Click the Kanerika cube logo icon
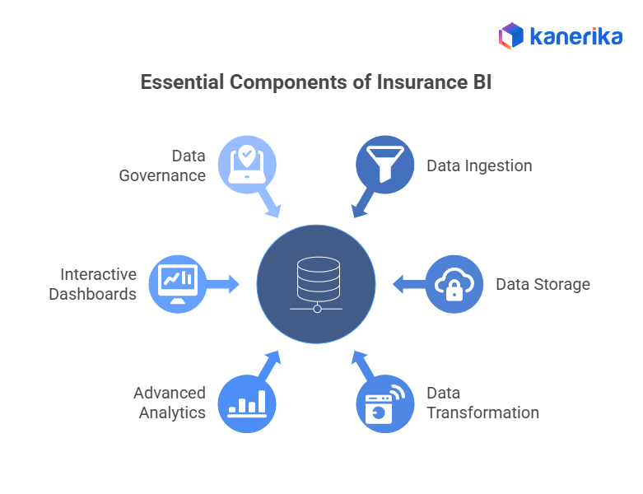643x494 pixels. coord(511,35)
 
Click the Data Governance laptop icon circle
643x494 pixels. coord(246,164)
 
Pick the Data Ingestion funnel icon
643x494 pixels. coord(384,164)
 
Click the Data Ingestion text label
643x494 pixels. coord(479,165)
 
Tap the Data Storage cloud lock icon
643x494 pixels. coord(454,284)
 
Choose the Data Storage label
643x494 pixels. coord(543,284)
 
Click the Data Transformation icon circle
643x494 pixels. coord(384,404)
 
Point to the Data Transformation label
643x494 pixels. coord(482,403)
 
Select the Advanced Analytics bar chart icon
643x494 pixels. coord(246,404)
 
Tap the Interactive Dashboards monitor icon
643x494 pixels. coord(177,284)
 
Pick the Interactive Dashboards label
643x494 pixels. coord(93,284)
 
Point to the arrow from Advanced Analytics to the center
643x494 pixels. coord(270,363)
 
